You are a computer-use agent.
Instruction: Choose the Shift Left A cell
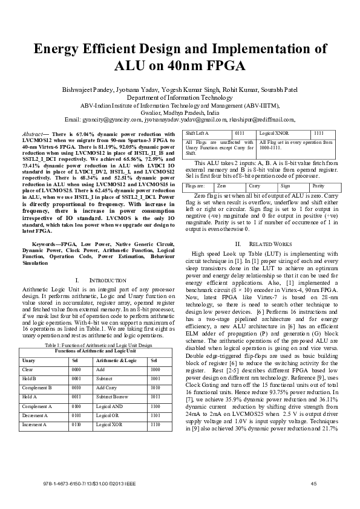point(197,132)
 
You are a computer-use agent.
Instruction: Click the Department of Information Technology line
point(180,97)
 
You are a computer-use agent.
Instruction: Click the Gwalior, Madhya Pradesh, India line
point(180,112)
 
